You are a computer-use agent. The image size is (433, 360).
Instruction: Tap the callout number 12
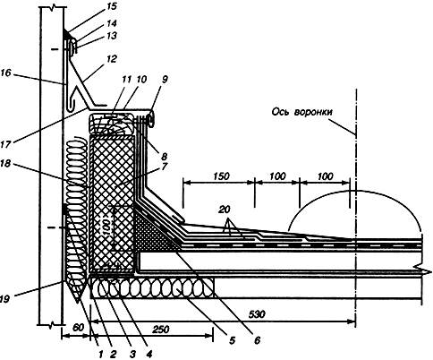[x=110, y=59]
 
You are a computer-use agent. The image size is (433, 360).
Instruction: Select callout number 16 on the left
[x=5, y=73]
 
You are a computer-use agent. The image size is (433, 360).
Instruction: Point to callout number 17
[x=6, y=144]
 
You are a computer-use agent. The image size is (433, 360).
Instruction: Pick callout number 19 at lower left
[x=5, y=298]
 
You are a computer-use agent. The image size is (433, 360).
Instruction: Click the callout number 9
[x=165, y=79]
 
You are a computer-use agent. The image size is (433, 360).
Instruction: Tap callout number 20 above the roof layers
[x=225, y=210]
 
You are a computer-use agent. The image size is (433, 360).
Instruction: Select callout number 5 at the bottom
[x=232, y=340]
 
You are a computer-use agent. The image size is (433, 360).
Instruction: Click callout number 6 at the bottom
[x=257, y=340]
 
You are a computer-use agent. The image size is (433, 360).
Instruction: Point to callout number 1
[x=101, y=355]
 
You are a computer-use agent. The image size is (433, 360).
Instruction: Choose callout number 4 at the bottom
[x=149, y=355]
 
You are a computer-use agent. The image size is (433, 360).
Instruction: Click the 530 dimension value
[x=257, y=314]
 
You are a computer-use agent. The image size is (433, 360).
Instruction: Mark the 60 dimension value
[x=78, y=328]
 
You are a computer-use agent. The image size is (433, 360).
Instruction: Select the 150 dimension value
[x=221, y=176]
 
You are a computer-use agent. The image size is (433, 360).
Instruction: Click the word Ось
[x=281, y=112]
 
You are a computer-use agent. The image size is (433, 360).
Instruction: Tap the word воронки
[x=313, y=113]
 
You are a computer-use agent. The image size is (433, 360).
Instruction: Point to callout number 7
[x=165, y=167]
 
